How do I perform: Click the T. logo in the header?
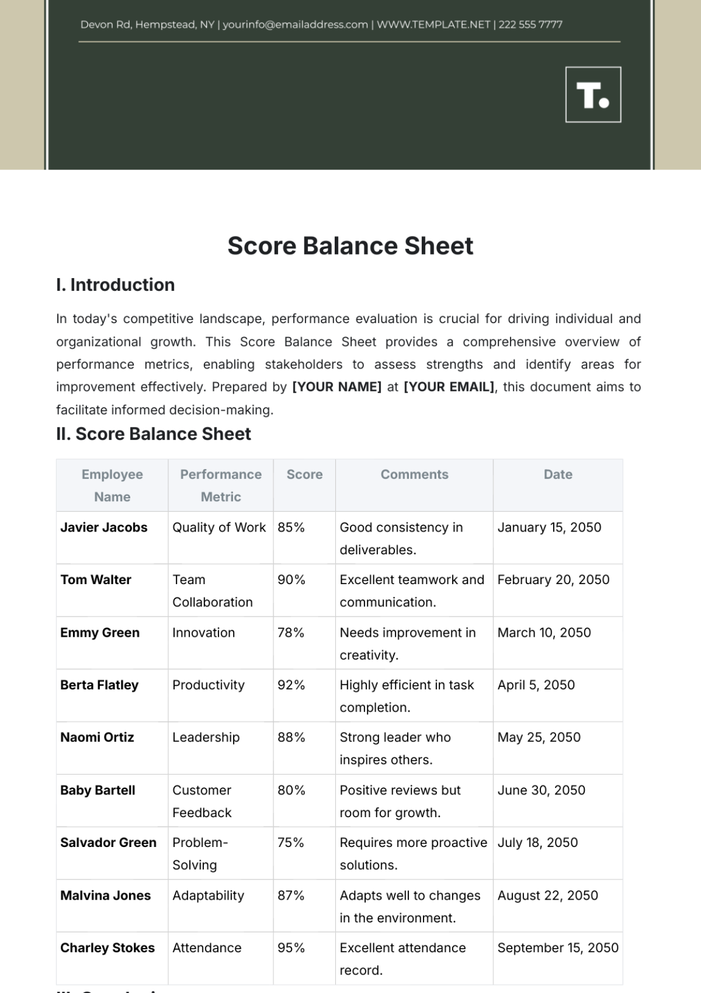(593, 95)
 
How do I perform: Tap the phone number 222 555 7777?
(530, 25)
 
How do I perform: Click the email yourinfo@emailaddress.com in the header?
(295, 25)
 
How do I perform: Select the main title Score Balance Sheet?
(350, 246)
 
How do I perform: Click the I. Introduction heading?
(115, 285)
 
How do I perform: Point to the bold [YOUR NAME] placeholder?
(336, 387)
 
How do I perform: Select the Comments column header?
(414, 474)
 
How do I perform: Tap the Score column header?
(304, 474)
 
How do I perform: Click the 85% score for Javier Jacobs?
(291, 527)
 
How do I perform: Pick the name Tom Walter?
(96, 580)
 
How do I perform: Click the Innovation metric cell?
(203, 633)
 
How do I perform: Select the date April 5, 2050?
(536, 685)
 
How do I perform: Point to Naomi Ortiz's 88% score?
(291, 738)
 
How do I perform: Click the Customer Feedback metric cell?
(202, 801)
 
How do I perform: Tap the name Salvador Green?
(108, 843)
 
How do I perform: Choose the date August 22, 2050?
(547, 895)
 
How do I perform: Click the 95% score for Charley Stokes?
(291, 948)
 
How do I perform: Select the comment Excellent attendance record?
(402, 959)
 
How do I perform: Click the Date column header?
(558, 474)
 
